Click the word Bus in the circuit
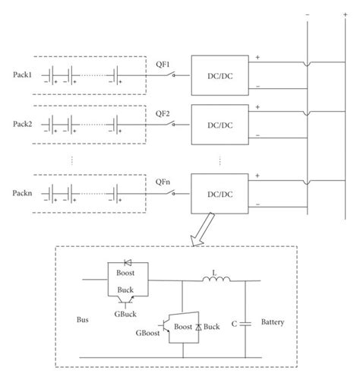[83, 321]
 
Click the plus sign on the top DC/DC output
[259, 55]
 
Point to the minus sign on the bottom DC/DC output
[259, 204]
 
